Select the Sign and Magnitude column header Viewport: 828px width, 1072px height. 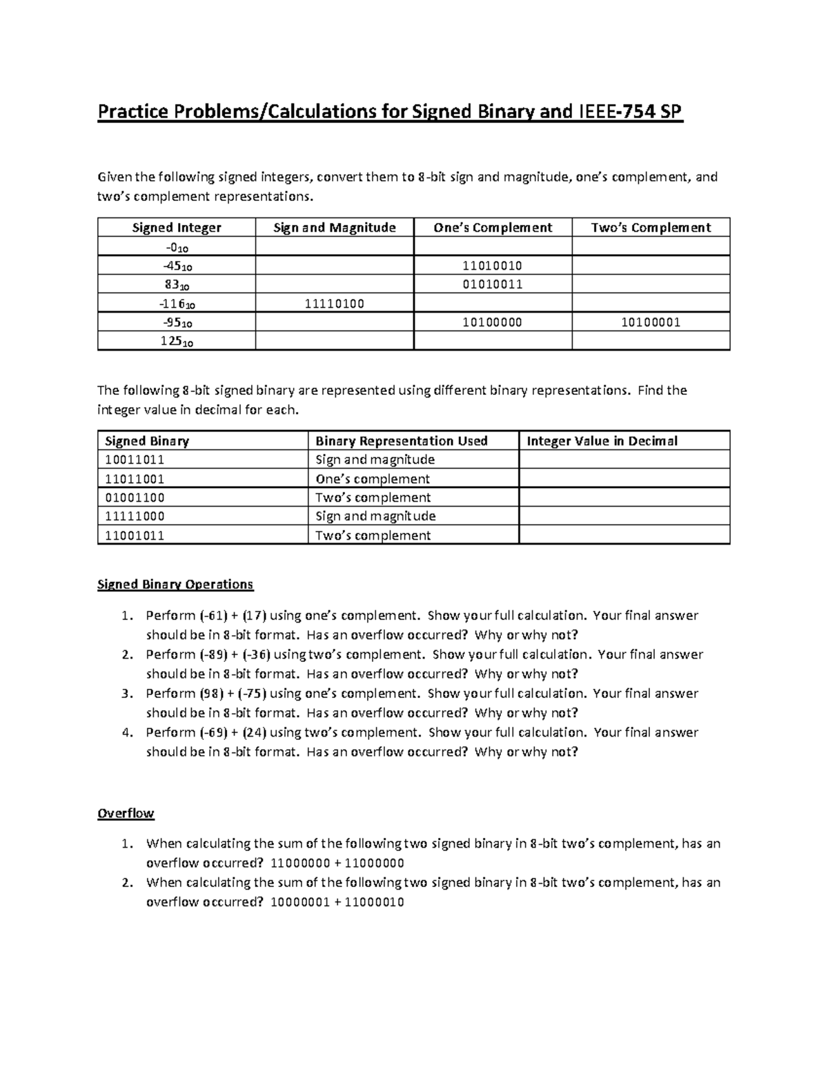point(334,228)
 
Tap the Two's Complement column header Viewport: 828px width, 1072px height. point(651,228)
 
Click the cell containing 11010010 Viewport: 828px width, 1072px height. point(493,266)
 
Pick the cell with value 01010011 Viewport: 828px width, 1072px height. point(493,284)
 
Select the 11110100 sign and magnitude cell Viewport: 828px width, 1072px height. point(334,304)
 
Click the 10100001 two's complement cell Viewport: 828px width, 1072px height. point(651,322)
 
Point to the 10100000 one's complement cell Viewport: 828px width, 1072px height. point(493,322)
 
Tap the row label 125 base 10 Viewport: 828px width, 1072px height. point(177,342)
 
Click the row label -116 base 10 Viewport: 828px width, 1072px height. point(177,304)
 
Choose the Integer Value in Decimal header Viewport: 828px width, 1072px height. point(602,441)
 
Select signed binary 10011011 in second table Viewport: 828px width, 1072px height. point(135,460)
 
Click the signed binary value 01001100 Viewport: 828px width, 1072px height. point(135,498)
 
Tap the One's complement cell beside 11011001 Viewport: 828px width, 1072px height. point(373,479)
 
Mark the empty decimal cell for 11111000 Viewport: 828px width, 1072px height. point(624,516)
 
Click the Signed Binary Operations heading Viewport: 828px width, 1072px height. point(175,585)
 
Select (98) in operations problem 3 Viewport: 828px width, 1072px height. point(211,694)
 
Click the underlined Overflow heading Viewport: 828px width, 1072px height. point(126,813)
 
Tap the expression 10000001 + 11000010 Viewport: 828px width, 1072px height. point(337,902)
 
